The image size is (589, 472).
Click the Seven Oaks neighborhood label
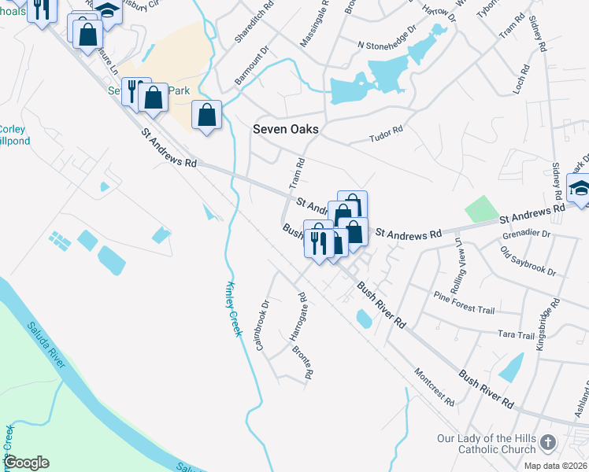285,130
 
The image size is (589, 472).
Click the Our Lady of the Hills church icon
550,444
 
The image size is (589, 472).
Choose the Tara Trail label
516,335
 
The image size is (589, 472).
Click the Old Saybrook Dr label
528,262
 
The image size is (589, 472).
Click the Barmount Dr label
252,68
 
